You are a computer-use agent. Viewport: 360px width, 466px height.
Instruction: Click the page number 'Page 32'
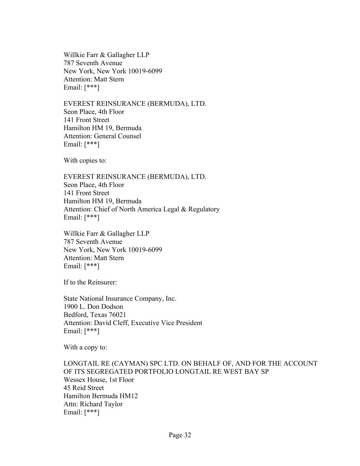pos(179,435)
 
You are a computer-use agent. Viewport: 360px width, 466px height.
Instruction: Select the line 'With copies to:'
pos(85,160)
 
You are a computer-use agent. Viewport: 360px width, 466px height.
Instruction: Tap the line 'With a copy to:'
pos(85,347)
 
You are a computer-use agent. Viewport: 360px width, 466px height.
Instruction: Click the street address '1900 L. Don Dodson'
pos(93,307)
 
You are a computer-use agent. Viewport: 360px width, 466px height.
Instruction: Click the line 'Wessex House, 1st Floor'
pos(99,380)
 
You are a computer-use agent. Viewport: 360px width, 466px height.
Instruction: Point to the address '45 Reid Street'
pos(84,388)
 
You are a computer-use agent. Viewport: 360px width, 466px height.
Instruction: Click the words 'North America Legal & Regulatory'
pos(169,209)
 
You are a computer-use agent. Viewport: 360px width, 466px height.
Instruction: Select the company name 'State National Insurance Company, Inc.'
pos(120,299)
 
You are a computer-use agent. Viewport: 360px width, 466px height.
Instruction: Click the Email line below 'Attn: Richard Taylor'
pos(81,412)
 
